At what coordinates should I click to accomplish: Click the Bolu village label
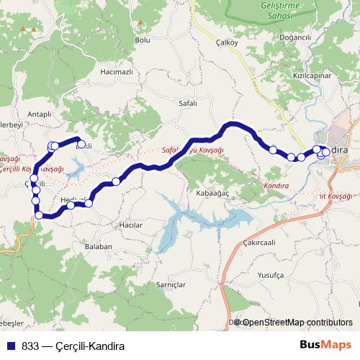click(143, 41)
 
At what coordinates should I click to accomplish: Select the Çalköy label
click(227, 42)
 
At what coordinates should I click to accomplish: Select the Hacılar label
click(132, 225)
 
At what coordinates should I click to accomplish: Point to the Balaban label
click(99, 246)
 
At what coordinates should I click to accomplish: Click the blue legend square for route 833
click(12, 345)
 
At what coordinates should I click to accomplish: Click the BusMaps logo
click(325, 345)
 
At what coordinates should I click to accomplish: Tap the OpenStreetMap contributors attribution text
click(297, 323)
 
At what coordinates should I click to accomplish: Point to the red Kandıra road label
click(276, 185)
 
